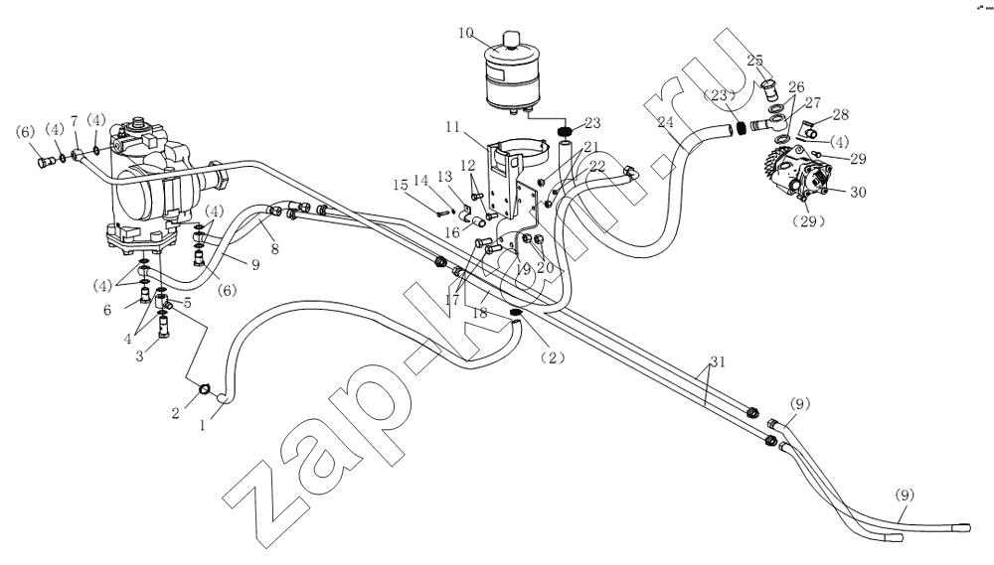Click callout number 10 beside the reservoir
coord(466,32)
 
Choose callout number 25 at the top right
coord(755,61)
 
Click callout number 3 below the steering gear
coord(140,355)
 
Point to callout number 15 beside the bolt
coord(400,185)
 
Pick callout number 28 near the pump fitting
coord(840,114)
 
